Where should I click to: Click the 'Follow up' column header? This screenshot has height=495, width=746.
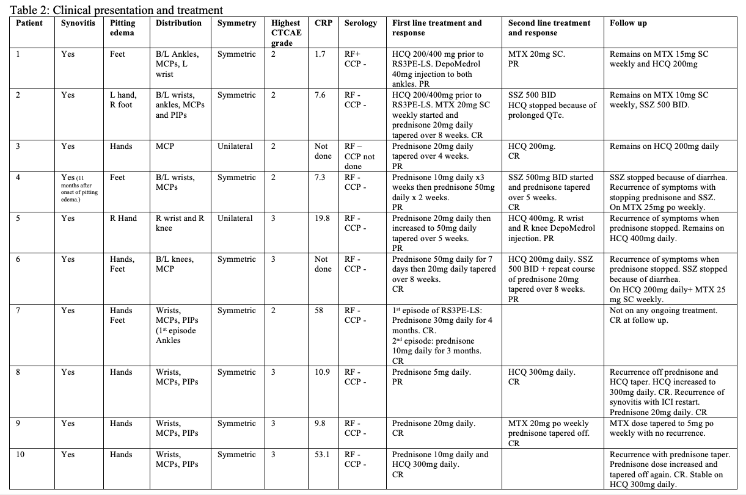click(x=628, y=23)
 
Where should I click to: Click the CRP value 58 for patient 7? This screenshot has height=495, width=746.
click(x=319, y=311)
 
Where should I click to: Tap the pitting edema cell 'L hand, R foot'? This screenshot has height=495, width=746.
click(x=123, y=100)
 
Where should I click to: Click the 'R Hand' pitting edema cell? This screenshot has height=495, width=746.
click(x=123, y=219)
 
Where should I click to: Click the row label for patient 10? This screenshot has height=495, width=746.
click(x=20, y=455)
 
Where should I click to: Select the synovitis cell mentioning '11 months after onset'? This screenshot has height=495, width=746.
click(x=76, y=187)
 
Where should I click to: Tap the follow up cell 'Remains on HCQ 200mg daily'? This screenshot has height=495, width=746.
click(x=664, y=146)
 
